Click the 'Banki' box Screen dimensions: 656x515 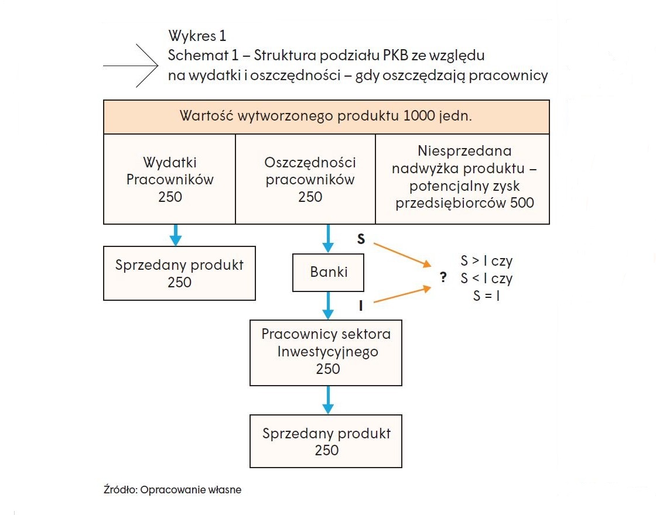click(328, 272)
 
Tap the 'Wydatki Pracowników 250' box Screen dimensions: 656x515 click(169, 179)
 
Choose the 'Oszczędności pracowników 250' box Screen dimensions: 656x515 click(305, 179)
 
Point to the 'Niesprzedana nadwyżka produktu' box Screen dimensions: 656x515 click(463, 179)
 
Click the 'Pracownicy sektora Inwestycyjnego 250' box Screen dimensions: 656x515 click(326, 353)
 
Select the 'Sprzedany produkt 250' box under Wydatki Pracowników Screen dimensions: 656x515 click(179, 273)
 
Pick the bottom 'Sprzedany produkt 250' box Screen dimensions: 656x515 click(326, 441)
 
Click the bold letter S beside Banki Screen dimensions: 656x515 click(361, 239)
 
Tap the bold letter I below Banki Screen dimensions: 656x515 click(361, 306)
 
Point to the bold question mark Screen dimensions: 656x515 click(443, 277)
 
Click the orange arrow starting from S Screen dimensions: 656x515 click(402, 255)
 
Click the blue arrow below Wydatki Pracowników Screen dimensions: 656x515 click(176, 235)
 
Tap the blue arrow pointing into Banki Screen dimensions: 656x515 click(328, 238)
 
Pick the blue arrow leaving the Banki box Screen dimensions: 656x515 click(328, 305)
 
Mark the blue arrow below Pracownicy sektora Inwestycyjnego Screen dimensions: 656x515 click(328, 400)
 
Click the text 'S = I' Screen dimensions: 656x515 click(487, 296)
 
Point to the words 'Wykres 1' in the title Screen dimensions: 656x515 click(197, 36)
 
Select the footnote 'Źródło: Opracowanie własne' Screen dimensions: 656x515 click(172, 489)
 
